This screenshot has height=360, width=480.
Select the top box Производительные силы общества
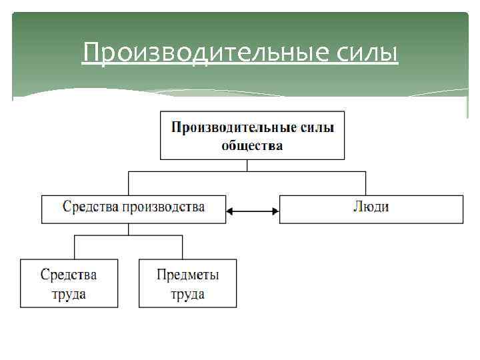coord(252,135)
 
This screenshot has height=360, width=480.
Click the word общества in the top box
coord(252,145)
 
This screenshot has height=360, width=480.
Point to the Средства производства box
coord(133,209)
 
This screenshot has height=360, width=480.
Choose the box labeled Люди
coord(371,209)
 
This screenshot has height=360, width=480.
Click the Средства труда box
coord(69,283)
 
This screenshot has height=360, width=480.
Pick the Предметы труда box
coord(187,283)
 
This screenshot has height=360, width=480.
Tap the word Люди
coord(371,207)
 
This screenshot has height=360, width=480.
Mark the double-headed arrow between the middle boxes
coord(253,212)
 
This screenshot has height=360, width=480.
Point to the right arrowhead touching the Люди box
coord(275,212)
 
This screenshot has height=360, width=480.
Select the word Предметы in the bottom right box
coord(187,275)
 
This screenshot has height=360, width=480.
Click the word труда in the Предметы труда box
coord(187,294)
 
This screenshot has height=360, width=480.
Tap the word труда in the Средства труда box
coord(69,294)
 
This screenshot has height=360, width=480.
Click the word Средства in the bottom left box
coord(69,275)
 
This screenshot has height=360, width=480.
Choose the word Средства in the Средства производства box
coord(90,207)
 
